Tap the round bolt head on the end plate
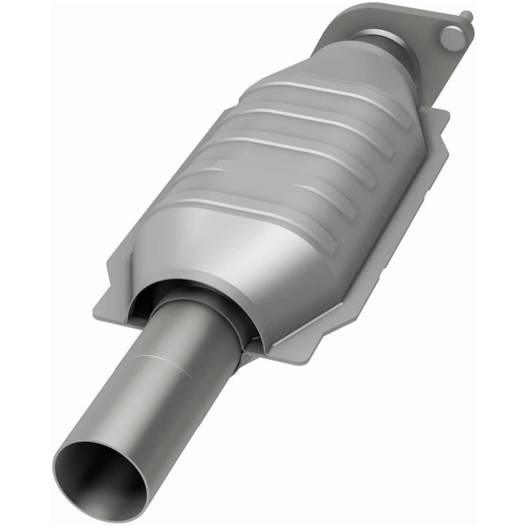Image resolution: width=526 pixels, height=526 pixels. (451, 37)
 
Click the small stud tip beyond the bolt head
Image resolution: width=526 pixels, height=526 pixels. (466, 15)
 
